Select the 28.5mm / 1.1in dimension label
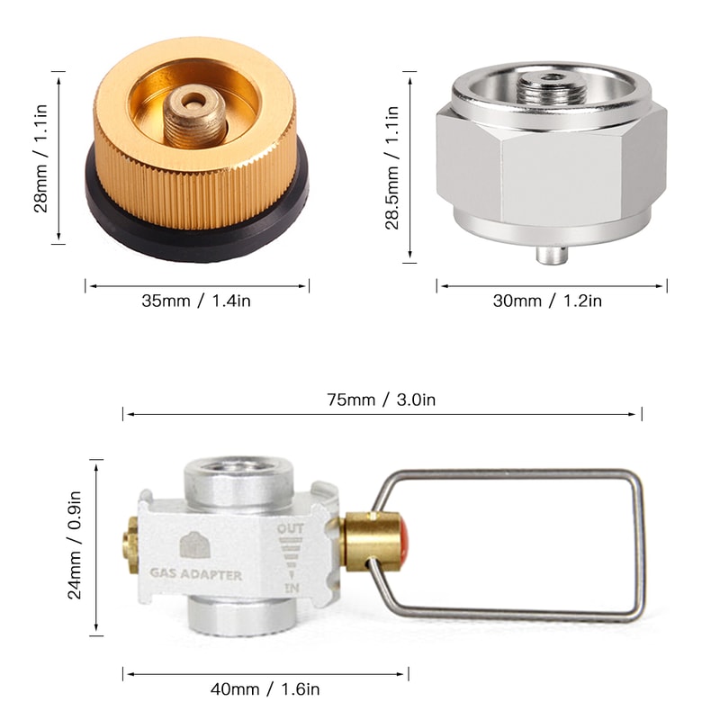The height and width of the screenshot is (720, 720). (392, 168)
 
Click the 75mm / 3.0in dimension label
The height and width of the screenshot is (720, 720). (382, 399)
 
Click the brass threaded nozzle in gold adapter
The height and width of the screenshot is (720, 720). (194, 114)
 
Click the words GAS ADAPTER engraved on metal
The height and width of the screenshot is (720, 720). (196, 573)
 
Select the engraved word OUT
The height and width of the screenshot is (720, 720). (291, 529)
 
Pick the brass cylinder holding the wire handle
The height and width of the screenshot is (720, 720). (371, 541)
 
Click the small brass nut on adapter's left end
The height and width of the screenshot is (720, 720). (130, 544)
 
